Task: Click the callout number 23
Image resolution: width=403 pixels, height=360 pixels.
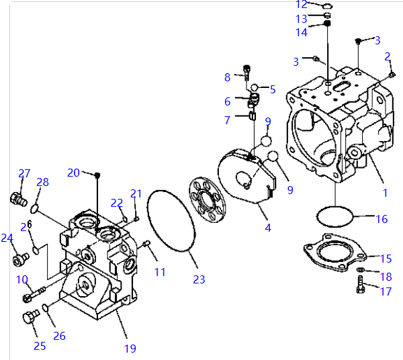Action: point(199,279)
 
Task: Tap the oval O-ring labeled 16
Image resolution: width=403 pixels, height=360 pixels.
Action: point(334,216)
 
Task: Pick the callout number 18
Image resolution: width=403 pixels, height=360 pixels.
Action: point(386,276)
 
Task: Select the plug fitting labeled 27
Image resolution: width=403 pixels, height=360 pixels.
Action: point(16,198)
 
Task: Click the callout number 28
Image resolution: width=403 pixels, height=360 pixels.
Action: point(42,182)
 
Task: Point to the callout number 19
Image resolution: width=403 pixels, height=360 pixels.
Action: point(130,348)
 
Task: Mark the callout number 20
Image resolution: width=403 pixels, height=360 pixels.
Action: point(73,172)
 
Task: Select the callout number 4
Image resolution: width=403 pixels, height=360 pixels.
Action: point(268,228)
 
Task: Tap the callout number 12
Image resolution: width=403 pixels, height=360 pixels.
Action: point(302,5)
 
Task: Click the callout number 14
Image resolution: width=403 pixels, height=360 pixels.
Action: point(302,32)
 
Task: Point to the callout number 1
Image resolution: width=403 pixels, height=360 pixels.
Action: point(385,192)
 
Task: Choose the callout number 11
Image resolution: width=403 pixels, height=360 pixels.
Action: point(159,271)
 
